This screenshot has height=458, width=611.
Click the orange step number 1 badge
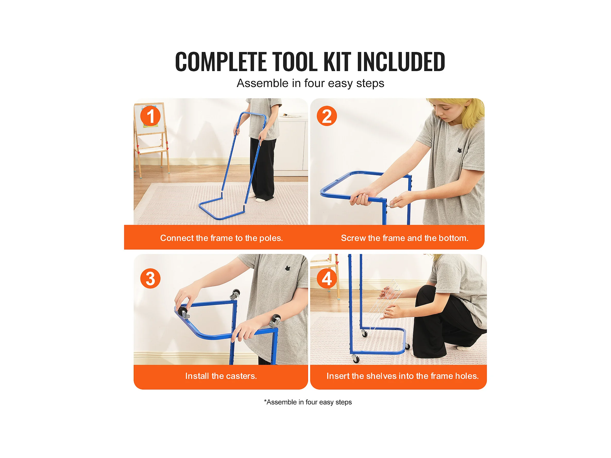pos(150,116)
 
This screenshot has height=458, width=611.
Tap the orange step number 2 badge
pos(327,116)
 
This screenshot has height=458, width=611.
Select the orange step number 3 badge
pos(150,278)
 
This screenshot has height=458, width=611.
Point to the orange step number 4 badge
pos(327,278)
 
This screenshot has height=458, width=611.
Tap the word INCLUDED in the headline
pos(401,62)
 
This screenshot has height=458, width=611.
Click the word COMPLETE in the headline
pos(221,62)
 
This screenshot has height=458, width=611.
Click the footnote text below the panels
pos(308,402)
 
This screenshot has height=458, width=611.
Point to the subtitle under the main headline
pos(310,83)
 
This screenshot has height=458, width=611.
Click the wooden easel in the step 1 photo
pos(151,138)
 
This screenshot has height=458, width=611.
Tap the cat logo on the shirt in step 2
pos(460,150)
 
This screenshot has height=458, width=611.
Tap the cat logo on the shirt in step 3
pos(288,268)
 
